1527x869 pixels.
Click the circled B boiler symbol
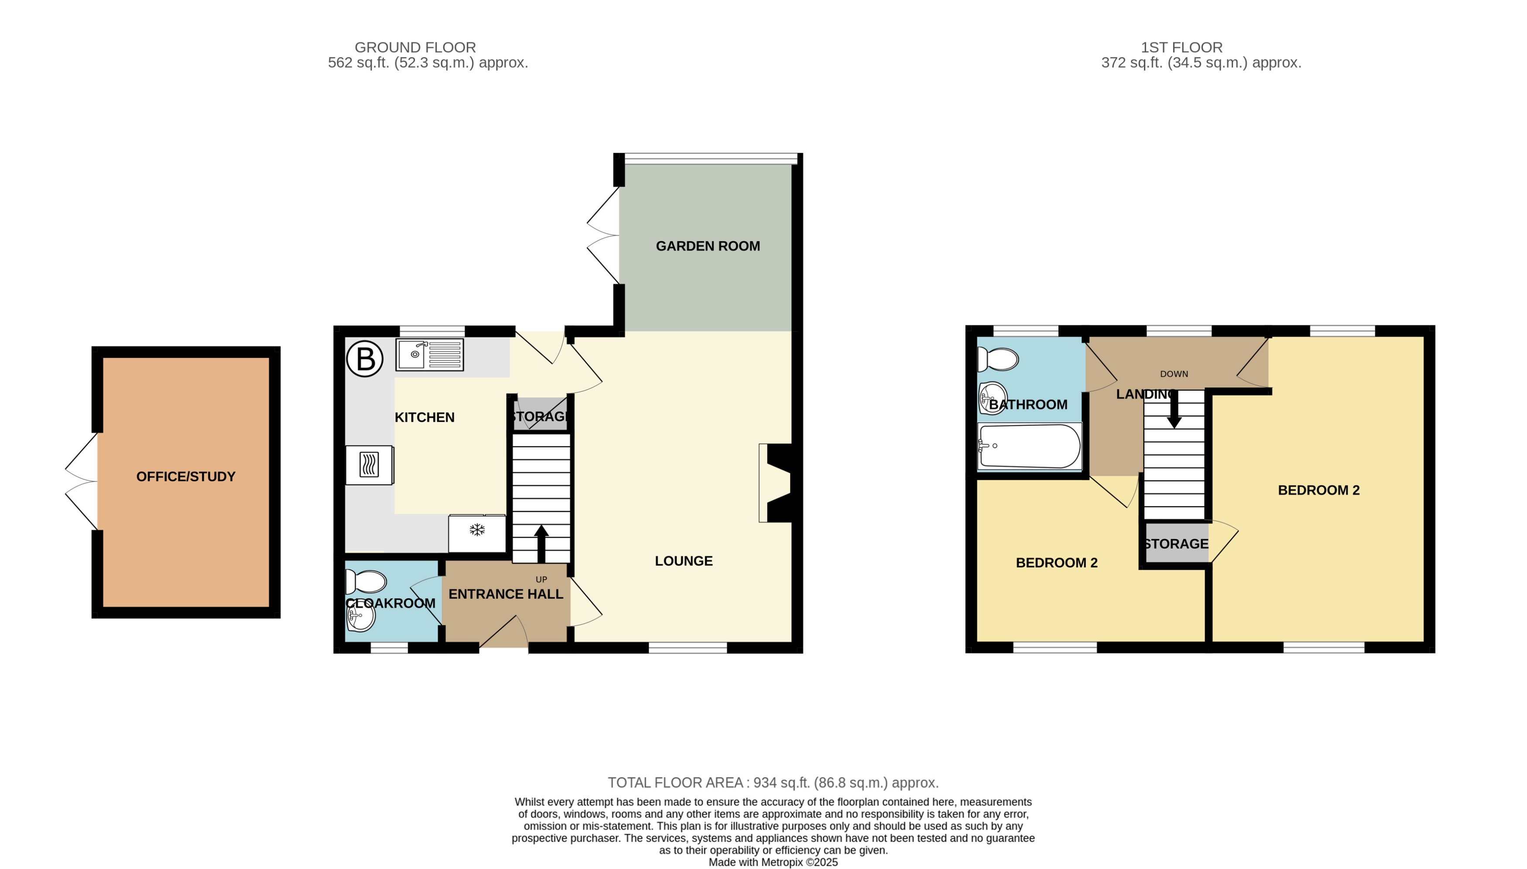(365, 359)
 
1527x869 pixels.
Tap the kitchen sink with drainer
(429, 355)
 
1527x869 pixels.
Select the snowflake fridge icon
(476, 530)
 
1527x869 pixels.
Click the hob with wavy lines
(369, 464)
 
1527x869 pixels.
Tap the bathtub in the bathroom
(1029, 446)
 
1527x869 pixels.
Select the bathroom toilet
(997, 359)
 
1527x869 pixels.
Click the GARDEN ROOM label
(708, 246)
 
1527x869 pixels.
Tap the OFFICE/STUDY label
(186, 476)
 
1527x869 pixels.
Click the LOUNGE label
(684, 561)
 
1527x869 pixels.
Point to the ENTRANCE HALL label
(506, 594)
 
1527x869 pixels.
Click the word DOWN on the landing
(1174, 374)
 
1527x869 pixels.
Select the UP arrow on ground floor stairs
(541, 543)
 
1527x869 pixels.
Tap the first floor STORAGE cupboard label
(1175, 544)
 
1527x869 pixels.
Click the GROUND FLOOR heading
(415, 47)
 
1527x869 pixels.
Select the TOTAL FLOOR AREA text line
(773, 783)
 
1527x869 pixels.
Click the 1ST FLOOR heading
(1181, 47)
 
